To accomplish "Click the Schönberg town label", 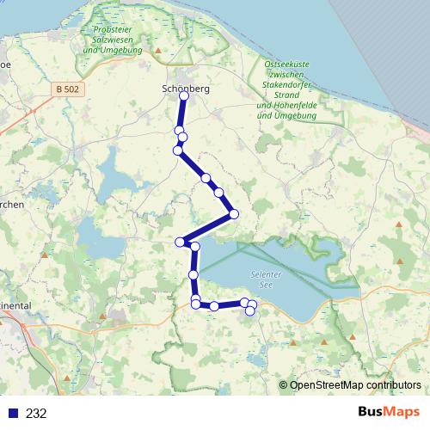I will tap(185, 88).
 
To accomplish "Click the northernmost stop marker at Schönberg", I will tap(183, 96).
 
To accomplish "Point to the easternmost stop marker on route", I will tap(252, 304).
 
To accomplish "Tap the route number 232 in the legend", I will tap(36, 413).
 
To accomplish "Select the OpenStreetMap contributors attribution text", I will tap(355, 385).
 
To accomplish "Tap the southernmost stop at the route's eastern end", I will tap(249, 311).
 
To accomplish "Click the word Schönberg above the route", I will tap(185, 88).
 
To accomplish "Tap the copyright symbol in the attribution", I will tap(283, 385).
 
